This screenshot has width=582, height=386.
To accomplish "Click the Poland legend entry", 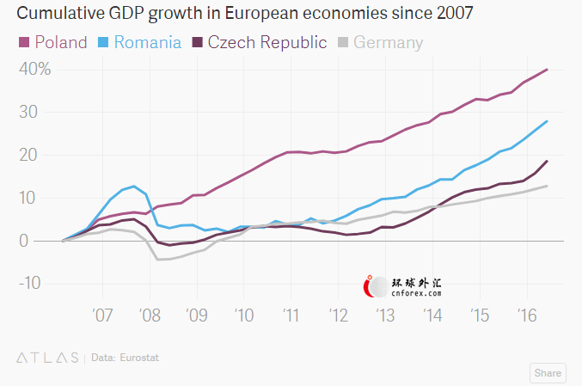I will click(x=52, y=42).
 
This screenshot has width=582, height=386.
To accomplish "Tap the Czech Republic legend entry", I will click(x=259, y=42).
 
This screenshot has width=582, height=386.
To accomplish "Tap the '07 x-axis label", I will click(x=103, y=314).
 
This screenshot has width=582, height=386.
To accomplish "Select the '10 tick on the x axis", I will click(x=243, y=314).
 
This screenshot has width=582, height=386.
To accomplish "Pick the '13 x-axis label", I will click(x=383, y=314).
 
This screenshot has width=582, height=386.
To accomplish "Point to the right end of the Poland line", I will click(x=548, y=70).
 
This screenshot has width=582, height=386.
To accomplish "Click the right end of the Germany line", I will click(x=548, y=186).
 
